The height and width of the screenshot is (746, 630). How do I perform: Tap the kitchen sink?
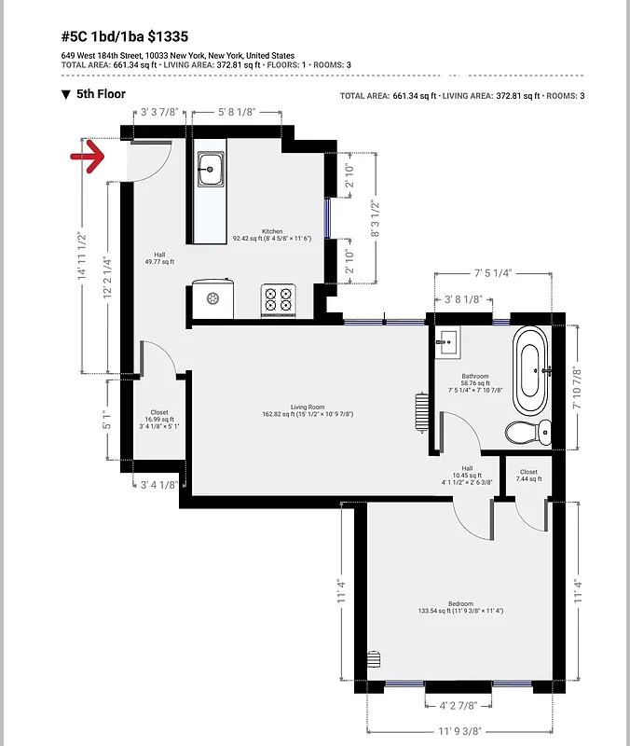211,170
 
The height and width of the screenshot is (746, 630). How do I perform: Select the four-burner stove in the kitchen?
278,299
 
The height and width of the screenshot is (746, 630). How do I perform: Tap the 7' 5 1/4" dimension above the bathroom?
493,274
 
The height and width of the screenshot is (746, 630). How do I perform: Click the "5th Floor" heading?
101,94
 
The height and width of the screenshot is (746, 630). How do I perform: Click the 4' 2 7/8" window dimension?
459,705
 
